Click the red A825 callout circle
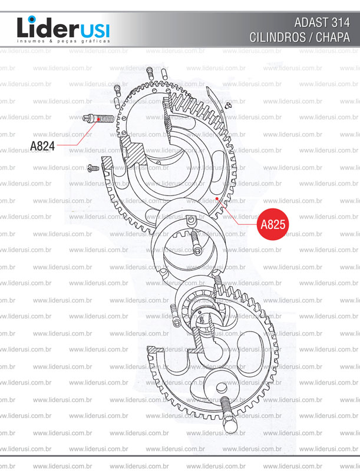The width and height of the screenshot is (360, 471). pos(273,224)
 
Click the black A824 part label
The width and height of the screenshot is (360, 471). pos(42,146)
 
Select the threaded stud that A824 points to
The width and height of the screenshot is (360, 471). pos(98,119)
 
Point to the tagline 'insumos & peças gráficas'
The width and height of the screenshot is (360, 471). pos(64,41)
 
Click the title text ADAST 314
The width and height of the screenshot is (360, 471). pos(322,22)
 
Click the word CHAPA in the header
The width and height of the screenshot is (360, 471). pos(333,37)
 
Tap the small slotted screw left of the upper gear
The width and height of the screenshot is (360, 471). pos(93,168)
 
